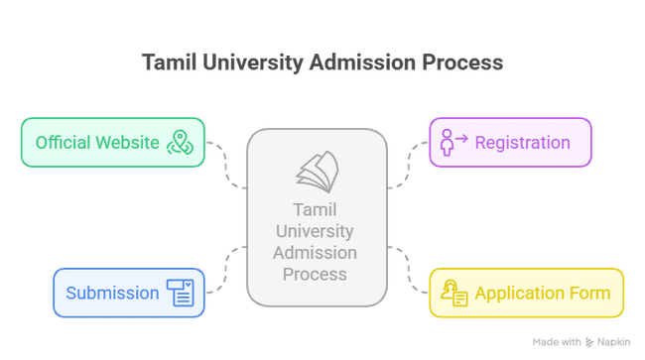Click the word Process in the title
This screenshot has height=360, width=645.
(463, 62)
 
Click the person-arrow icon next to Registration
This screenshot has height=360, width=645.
(454, 142)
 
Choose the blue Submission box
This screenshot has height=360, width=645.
(129, 293)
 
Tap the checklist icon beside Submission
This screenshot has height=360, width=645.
(181, 293)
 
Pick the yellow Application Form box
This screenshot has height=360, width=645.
(526, 293)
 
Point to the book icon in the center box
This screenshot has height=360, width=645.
(316, 171)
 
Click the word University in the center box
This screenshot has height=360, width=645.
(316, 231)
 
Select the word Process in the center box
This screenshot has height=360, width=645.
(316, 273)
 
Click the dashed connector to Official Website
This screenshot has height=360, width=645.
(226, 163)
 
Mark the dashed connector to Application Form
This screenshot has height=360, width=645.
(407, 268)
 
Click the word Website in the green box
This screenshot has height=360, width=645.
(128, 142)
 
